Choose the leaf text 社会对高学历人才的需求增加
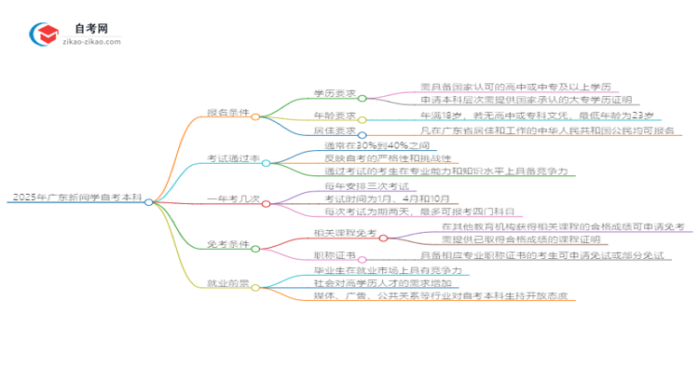tap(370, 282)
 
